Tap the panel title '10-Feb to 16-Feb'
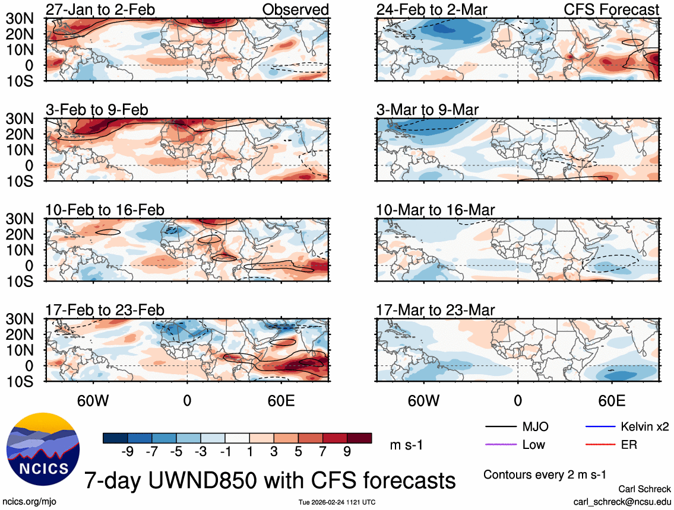coord(105,210)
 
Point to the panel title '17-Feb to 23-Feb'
coord(105,310)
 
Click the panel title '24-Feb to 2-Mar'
coord(432,9)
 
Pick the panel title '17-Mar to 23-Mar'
coord(435,310)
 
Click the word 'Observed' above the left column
coord(295,9)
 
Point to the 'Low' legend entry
coord(533,444)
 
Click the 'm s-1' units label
coord(406,445)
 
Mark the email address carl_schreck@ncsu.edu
coord(622,502)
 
